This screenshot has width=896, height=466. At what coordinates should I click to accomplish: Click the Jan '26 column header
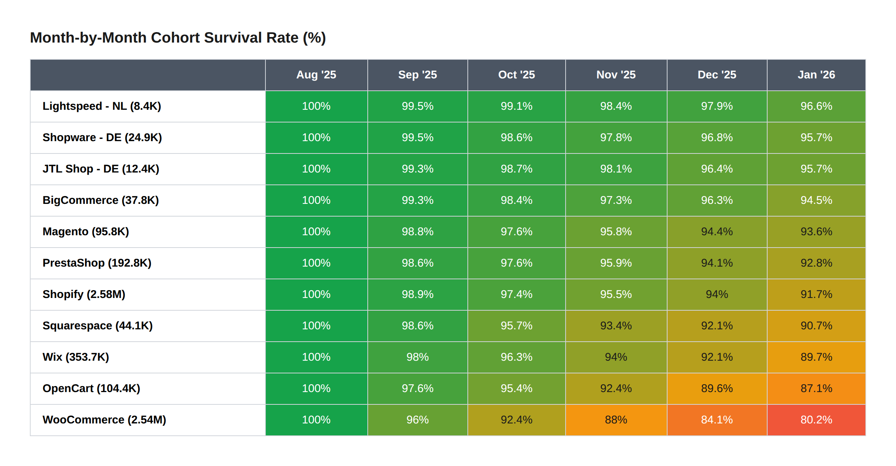click(816, 75)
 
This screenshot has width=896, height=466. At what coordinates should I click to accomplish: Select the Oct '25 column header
click(516, 75)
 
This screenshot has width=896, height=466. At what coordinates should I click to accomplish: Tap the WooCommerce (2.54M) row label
click(104, 420)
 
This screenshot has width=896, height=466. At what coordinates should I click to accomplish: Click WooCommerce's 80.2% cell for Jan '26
click(816, 420)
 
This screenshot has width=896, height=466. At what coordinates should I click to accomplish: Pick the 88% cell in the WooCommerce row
click(616, 420)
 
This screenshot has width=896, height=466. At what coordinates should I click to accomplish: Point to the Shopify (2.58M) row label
click(84, 294)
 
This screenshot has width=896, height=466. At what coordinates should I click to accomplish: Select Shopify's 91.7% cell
click(816, 294)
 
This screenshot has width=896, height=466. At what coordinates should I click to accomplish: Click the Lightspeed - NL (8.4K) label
click(102, 106)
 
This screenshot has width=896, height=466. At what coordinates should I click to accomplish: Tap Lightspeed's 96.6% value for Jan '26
click(816, 106)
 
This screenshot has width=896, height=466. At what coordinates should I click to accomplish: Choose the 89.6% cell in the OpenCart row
click(716, 388)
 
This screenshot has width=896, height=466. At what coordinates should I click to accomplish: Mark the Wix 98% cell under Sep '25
click(417, 357)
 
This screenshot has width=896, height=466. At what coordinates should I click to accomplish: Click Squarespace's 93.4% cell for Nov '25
click(616, 326)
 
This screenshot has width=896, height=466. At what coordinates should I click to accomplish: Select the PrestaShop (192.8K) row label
click(97, 263)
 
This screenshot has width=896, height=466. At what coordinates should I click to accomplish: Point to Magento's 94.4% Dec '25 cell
click(716, 232)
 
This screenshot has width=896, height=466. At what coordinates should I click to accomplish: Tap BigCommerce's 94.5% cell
click(816, 200)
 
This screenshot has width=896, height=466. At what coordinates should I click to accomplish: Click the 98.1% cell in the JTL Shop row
click(616, 169)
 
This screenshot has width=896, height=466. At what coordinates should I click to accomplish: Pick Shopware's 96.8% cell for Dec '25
click(716, 137)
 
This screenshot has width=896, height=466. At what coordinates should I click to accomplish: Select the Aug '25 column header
click(316, 75)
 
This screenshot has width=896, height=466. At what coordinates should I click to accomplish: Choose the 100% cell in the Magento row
click(316, 232)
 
